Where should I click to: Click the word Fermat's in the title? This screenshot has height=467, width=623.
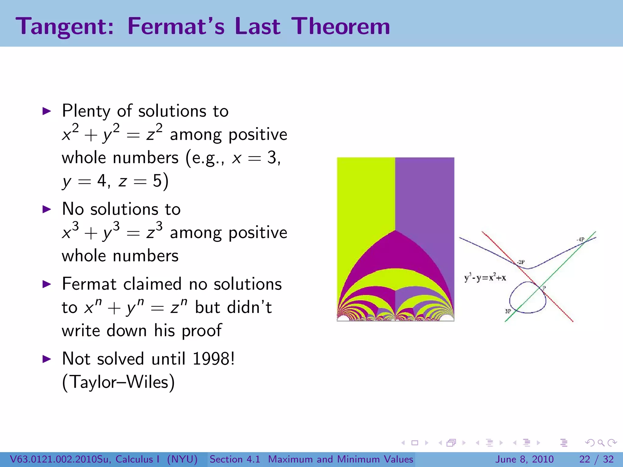point(176,26)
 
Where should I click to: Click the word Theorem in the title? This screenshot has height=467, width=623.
point(341,26)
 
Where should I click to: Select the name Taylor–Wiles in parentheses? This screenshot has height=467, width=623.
point(119,382)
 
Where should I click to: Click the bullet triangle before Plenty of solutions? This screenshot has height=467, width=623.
point(47,111)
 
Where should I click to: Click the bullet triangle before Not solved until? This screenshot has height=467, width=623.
point(47,359)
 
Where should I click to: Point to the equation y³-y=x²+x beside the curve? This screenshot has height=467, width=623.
point(485,278)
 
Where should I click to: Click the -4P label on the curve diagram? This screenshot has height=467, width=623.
point(580,240)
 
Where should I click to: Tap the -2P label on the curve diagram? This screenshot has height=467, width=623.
point(520,262)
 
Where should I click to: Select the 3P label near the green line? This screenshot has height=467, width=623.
point(508,311)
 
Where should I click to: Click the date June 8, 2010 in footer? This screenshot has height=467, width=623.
point(525,459)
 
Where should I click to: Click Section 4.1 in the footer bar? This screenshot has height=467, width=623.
point(235,459)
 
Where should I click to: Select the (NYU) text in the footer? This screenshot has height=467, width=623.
point(182,459)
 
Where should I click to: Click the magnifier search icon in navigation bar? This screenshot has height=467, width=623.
point(601,443)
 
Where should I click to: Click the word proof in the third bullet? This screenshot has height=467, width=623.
point(202,331)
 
